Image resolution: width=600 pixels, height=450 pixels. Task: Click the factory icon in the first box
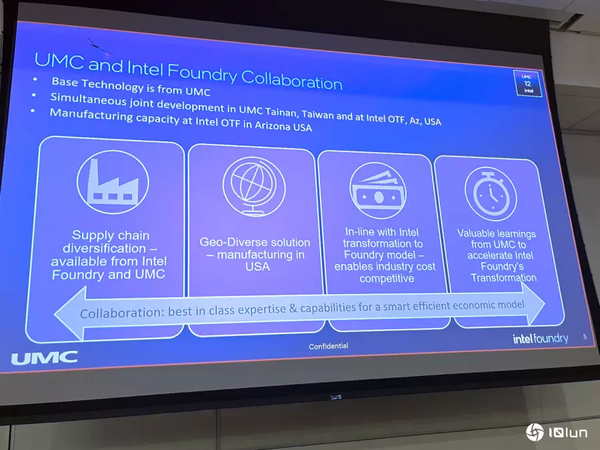tap(113, 182)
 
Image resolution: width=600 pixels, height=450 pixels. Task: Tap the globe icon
tap(254, 187)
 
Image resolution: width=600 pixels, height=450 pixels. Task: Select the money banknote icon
tap(378, 191)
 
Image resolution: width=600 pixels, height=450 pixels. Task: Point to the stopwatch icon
tap(491, 193)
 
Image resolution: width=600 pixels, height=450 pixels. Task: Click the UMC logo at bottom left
tap(45, 358)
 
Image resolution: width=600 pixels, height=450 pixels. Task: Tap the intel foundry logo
tap(540, 338)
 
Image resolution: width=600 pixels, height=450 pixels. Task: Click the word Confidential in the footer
tap(329, 346)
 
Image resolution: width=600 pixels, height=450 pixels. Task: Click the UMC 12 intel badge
tap(528, 83)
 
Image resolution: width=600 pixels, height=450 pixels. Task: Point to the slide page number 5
tap(585, 337)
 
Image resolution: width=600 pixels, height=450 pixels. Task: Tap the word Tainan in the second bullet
tap(281, 112)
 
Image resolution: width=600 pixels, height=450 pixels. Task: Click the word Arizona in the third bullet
tap(273, 125)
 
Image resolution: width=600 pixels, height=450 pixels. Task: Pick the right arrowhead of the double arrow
tap(532, 304)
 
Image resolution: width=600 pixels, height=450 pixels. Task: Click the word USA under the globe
tap(257, 266)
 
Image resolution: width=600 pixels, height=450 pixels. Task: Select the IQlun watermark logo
tap(557, 433)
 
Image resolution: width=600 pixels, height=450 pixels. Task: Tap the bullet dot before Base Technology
tap(35, 79)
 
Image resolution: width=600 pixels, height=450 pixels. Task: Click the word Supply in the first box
tap(90, 235)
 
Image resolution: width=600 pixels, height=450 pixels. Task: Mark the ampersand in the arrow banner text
tap(293, 309)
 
